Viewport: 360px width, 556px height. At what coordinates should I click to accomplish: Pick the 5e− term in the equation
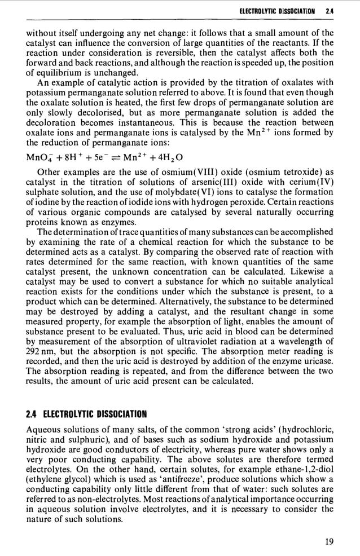104,156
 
